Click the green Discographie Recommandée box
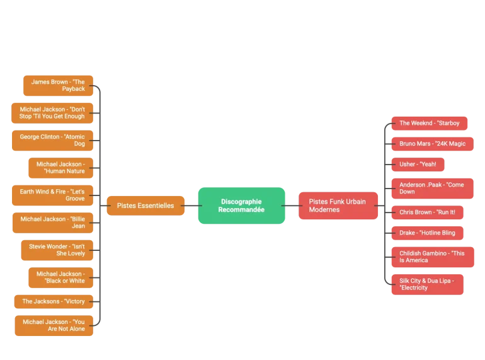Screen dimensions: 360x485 pyautogui.click(x=242, y=206)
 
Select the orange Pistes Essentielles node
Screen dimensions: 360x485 pyautogui.click(x=145, y=206)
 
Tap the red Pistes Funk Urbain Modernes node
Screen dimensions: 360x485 pyautogui.click(x=338, y=206)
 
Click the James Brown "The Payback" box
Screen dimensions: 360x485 pyautogui.click(x=58, y=85)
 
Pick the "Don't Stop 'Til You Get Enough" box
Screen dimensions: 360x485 pyautogui.click(x=52, y=113)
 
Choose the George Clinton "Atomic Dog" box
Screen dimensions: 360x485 pyautogui.click(x=52, y=140)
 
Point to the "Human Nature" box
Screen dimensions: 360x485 pyautogui.click(x=60, y=168)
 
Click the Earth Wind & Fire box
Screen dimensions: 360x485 pyautogui.click(x=52, y=195)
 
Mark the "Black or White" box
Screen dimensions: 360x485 pyautogui.click(x=60, y=277)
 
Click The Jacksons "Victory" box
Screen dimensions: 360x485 pyautogui.click(x=54, y=301)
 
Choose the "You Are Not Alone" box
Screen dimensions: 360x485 pyautogui.click(x=54, y=325)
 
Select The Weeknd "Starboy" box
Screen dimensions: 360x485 pyautogui.click(x=428, y=123)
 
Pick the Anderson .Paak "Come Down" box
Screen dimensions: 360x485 pyautogui.click(x=431, y=188)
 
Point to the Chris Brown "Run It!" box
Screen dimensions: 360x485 pyautogui.click(x=426, y=212)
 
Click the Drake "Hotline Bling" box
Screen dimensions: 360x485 pyautogui.click(x=426, y=233)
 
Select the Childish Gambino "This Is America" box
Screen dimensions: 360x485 pyautogui.click(x=432, y=257)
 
